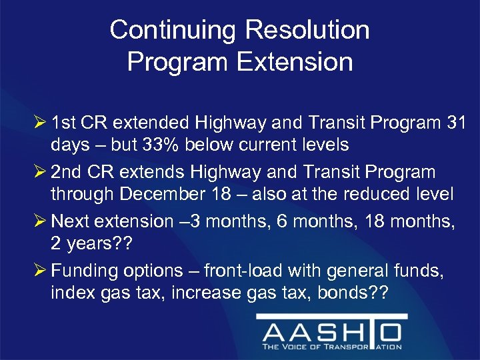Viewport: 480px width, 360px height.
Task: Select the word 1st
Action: coord(63,122)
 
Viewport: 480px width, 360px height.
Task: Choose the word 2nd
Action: coord(65,172)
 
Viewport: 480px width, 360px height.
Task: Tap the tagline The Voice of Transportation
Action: coord(331,346)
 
